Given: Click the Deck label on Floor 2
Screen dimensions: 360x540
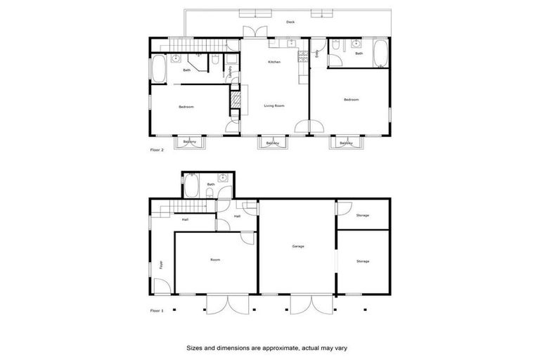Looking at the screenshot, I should coord(290,22).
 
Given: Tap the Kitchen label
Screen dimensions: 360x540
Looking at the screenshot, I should coord(274,63).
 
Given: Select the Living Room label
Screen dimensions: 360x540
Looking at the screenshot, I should coord(274,106).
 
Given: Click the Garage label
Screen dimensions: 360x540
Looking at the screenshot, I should coord(297,246).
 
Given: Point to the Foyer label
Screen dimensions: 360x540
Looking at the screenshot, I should coord(161,266).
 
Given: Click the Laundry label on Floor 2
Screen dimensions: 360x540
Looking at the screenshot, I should coord(230,72).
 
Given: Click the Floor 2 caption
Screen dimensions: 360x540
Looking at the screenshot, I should coord(158,150).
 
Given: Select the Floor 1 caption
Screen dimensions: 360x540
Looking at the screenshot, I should coord(157,310).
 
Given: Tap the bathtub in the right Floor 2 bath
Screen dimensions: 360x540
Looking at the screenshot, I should coord(380,53).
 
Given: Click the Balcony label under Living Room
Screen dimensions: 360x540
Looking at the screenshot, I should coord(272,143).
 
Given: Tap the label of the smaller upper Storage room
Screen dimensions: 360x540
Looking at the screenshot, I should coord(362,215).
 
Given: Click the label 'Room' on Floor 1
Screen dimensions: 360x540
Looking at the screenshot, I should coord(215,259).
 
